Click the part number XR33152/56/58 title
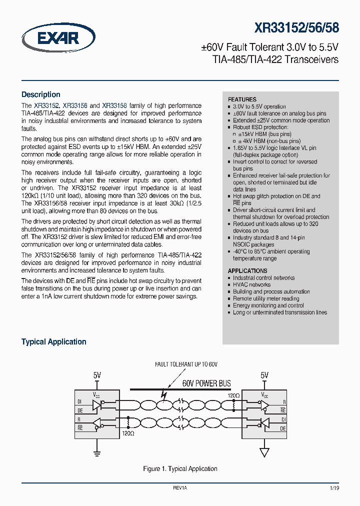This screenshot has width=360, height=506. (x=296, y=27)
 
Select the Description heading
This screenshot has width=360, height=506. (x=40, y=94)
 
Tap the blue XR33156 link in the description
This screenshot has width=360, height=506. (x=75, y=106)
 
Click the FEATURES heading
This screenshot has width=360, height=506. (x=242, y=99)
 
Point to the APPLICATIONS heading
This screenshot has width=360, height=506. (x=247, y=270)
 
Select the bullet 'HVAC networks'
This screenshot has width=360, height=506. (x=251, y=284)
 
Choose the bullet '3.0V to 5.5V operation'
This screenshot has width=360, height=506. (x=259, y=106)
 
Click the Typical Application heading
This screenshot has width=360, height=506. (x=53, y=342)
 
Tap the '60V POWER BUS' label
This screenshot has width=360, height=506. (x=206, y=383)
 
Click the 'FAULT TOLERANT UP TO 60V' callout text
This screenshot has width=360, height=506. (x=186, y=365)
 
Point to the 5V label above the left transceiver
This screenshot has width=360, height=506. (x=97, y=375)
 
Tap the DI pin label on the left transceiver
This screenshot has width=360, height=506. (x=79, y=401)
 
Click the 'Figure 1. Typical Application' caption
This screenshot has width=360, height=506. (x=180, y=468)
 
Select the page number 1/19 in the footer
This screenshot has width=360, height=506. (x=333, y=487)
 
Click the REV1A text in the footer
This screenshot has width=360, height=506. (x=180, y=487)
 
